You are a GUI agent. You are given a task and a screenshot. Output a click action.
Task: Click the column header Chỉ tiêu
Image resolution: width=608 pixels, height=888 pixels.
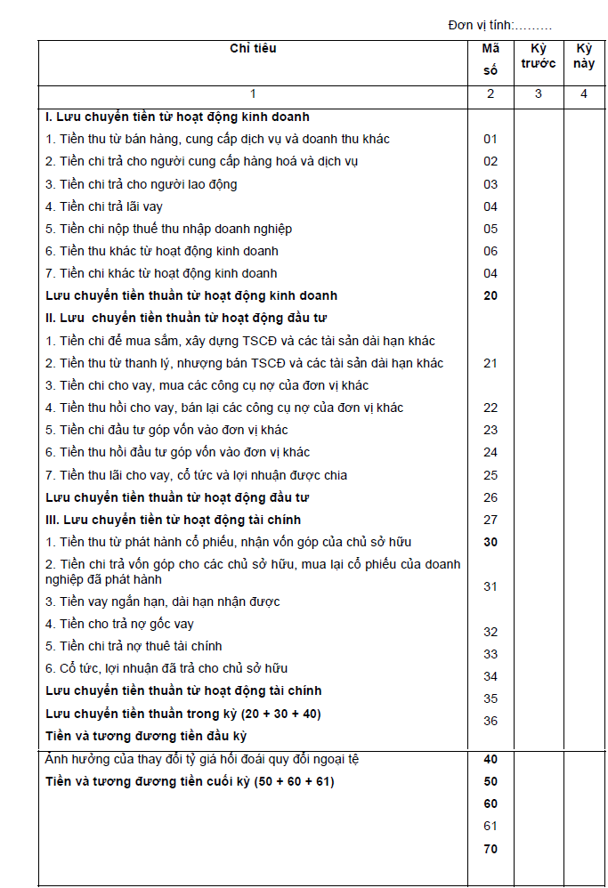tap(253, 48)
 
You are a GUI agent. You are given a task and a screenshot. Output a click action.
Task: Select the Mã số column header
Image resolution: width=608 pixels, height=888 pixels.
tap(490, 59)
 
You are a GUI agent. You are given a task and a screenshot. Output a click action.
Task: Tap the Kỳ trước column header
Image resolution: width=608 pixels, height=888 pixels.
tap(539, 55)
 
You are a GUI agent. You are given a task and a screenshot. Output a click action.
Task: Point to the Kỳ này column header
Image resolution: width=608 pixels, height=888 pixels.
tap(584, 55)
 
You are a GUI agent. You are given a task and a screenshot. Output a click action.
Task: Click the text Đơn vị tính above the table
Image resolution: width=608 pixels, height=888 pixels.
tap(499, 25)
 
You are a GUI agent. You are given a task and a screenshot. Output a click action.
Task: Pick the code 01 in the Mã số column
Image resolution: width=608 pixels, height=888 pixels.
tap(490, 139)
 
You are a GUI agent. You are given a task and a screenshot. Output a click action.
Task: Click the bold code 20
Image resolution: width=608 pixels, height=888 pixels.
tap(490, 295)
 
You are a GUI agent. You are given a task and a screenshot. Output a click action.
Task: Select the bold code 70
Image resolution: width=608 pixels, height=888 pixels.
tap(490, 849)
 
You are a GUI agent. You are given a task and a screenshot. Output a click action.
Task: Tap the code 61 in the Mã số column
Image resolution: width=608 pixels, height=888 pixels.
tap(490, 826)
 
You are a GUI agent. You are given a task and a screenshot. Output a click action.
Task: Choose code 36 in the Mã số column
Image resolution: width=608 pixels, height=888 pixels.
tap(490, 721)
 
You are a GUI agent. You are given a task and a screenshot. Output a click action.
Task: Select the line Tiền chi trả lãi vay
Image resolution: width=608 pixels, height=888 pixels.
tap(104, 206)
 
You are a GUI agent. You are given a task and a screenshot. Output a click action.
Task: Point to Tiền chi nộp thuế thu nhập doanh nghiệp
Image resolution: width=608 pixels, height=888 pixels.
tap(168, 229)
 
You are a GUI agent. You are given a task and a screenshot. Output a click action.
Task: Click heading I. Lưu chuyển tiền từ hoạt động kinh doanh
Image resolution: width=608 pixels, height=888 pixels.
tap(177, 117)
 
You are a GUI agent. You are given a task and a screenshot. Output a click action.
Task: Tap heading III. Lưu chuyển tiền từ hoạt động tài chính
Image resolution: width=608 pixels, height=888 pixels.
tap(173, 520)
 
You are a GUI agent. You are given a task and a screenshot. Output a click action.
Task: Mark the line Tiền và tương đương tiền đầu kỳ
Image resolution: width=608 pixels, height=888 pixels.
tap(146, 736)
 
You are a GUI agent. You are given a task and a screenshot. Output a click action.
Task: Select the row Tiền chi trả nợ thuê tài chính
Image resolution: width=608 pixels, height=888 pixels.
tap(134, 646)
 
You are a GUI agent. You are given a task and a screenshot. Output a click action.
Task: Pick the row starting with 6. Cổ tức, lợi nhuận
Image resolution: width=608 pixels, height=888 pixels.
tap(166, 668)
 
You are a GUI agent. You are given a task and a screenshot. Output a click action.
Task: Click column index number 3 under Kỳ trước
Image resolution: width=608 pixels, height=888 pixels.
tap(539, 94)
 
